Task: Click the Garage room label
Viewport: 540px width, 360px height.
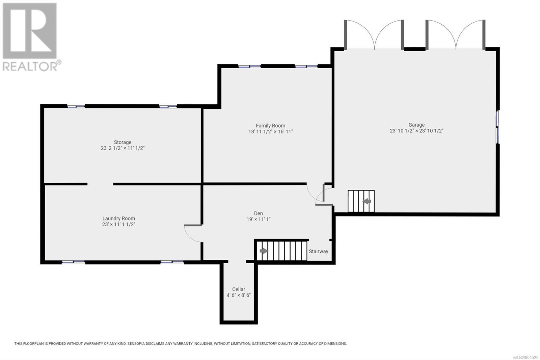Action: pyautogui.click(x=416, y=125)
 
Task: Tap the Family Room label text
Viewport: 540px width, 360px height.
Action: pyautogui.click(x=270, y=126)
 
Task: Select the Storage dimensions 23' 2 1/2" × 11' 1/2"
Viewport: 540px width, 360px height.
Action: pyautogui.click(x=123, y=148)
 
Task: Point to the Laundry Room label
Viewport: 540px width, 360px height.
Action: pyautogui.click(x=118, y=218)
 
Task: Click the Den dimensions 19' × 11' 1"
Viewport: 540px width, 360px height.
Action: pyautogui.click(x=259, y=219)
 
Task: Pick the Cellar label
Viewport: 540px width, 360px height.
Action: pyautogui.click(x=239, y=289)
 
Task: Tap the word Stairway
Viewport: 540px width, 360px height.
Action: pyautogui.click(x=319, y=251)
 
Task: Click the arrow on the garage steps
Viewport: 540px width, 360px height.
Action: pyautogui.click(x=367, y=201)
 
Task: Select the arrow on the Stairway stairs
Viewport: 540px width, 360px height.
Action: pyautogui.click(x=264, y=251)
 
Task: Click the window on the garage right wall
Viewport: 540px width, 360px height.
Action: pyautogui.click(x=497, y=127)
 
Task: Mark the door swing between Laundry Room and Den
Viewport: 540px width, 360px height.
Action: pyautogui.click(x=193, y=233)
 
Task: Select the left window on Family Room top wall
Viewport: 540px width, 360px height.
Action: pyautogui.click(x=249, y=66)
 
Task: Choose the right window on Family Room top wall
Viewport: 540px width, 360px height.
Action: pyautogui.click(x=306, y=66)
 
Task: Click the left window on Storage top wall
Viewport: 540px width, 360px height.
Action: pyautogui.click(x=76, y=106)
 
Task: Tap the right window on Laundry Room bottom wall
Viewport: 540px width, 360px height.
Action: pyautogui.click(x=172, y=262)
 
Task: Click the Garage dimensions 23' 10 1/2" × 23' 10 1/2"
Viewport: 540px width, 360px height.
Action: pyautogui.click(x=416, y=131)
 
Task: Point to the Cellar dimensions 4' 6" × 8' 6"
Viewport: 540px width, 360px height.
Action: pyautogui.click(x=239, y=295)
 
